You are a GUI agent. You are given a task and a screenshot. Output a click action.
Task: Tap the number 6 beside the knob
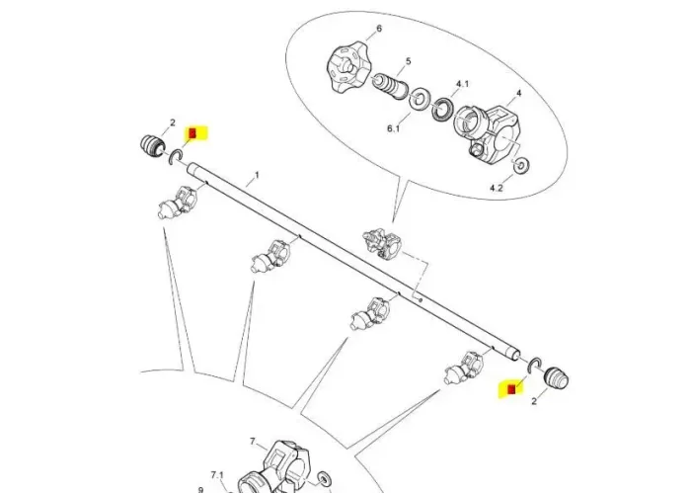click(377, 31)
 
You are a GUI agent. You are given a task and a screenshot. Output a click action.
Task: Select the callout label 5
click(408, 61)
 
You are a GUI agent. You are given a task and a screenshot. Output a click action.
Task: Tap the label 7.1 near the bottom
click(217, 475)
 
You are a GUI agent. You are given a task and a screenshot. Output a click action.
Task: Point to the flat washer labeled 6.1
click(419, 98)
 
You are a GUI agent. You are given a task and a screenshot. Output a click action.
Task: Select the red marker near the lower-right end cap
click(511, 389)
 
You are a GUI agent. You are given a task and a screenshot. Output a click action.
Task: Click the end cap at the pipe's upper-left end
click(152, 146)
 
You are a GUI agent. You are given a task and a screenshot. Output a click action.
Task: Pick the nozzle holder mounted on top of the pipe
click(377, 239)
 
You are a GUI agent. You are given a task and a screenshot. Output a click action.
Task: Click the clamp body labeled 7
click(283, 463)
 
